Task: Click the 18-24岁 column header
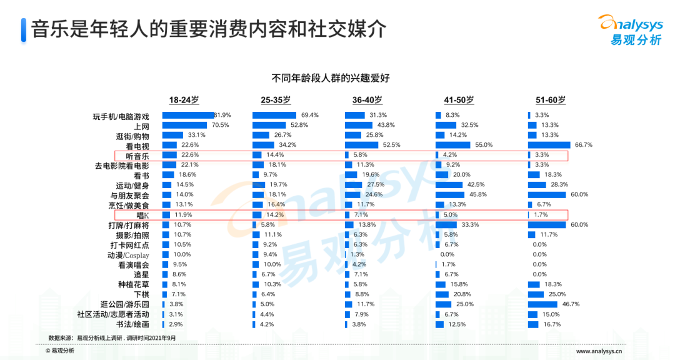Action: point(184,100)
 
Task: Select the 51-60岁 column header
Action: point(551,100)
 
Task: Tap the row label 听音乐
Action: point(137,155)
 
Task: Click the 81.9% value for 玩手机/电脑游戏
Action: point(222,115)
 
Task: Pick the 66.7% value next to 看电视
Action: point(583,145)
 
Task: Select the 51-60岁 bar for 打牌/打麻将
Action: point(547,224)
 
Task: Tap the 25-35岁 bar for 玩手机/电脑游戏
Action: point(274,115)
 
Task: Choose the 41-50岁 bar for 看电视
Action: point(454,145)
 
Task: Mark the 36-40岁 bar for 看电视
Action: point(362,145)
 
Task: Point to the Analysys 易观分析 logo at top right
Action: point(631,29)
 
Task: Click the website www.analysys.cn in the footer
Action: point(602,351)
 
